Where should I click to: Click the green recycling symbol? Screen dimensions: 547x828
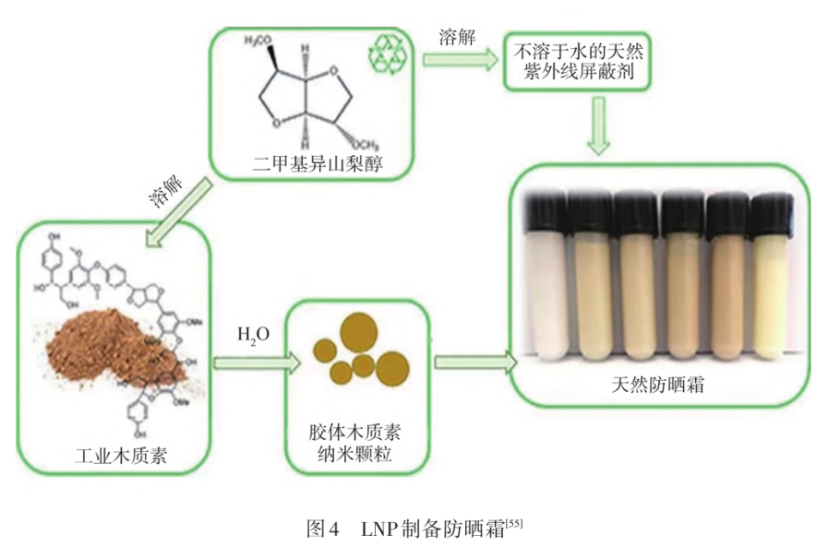click(x=388, y=56)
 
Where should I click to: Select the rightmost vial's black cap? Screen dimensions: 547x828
click(x=771, y=208)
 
